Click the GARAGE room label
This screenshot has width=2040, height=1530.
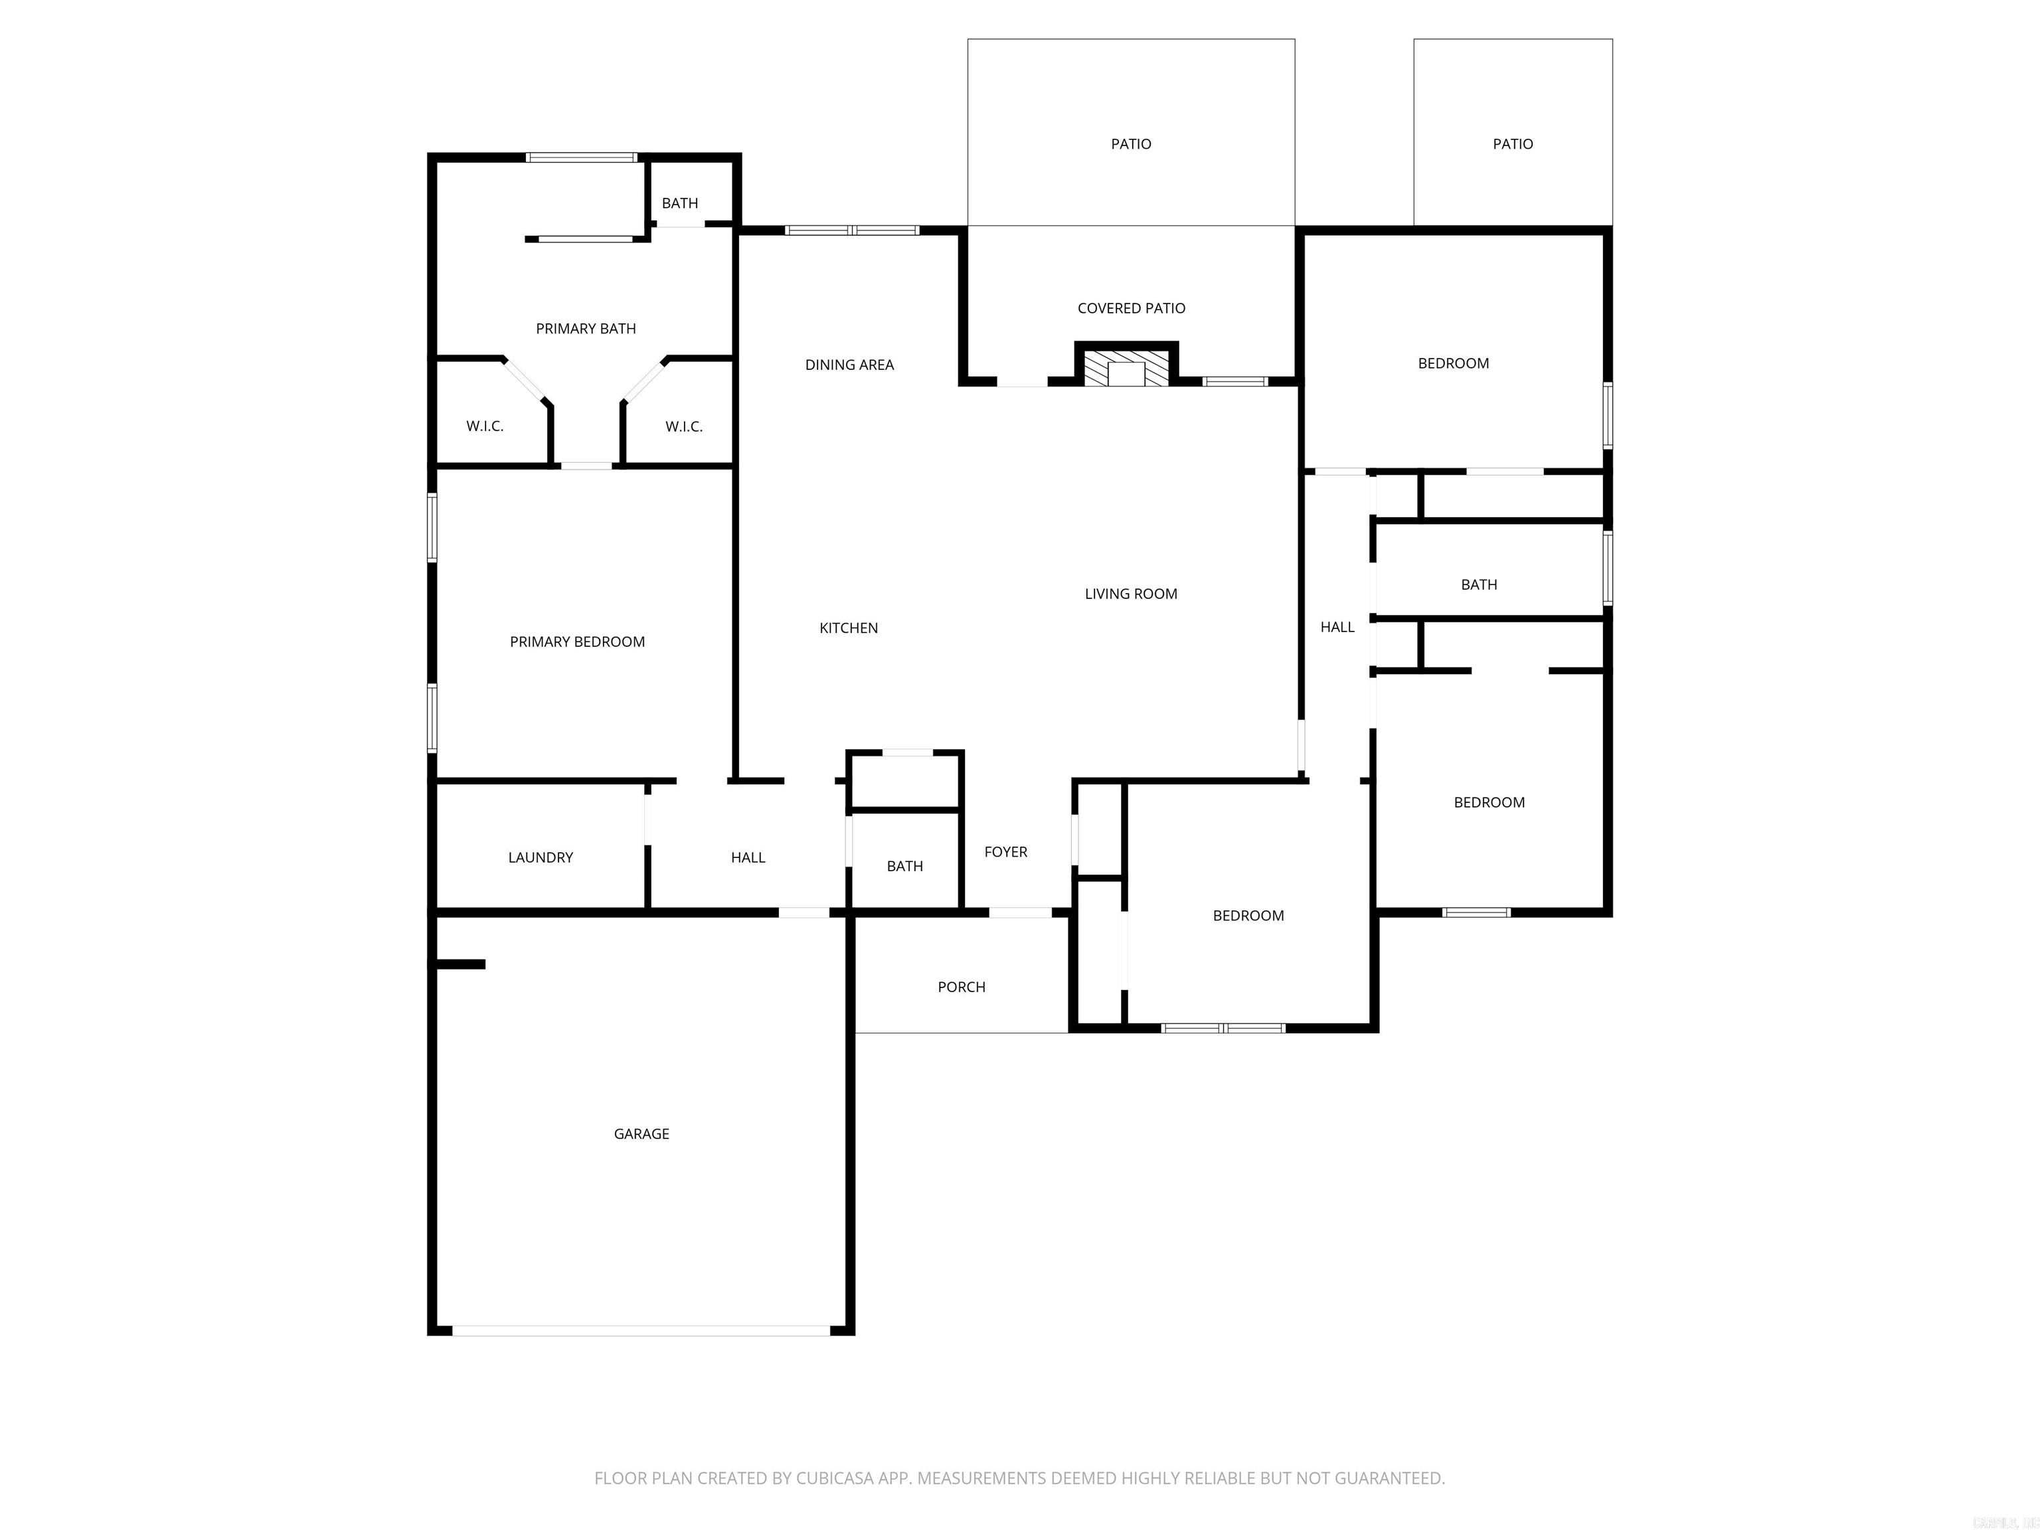641,1134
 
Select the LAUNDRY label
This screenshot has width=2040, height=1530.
541,857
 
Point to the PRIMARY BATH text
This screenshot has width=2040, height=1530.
586,328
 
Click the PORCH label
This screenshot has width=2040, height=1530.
961,987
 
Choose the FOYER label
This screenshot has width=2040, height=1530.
1005,851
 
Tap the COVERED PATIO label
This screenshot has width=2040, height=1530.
1131,308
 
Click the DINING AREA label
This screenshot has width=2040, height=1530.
849,365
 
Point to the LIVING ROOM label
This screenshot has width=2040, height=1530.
1131,594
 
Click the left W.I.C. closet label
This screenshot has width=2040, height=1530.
484,426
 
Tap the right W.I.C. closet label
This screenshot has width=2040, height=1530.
683,426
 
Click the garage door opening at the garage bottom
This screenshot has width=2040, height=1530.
641,1330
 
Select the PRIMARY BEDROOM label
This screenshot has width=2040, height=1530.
577,642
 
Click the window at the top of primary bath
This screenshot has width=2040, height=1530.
581,157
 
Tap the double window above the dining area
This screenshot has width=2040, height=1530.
851,230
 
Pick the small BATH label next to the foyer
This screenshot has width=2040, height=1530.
904,866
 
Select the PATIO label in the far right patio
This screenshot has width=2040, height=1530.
1513,144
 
